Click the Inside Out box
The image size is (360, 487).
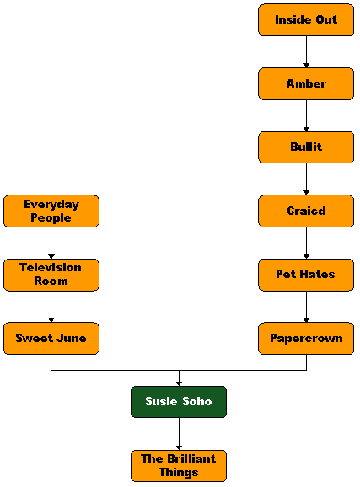pos(306,20)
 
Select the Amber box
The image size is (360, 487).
pos(306,84)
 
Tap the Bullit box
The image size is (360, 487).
pos(306,147)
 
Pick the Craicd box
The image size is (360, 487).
pos(306,211)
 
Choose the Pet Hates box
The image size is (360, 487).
pos(306,275)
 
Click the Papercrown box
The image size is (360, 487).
pos(306,338)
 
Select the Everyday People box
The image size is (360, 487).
pos(51,211)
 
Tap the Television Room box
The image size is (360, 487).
pos(51,275)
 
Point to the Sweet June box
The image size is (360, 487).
pos(51,338)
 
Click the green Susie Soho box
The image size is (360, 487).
pos(179,402)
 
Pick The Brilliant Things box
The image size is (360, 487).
pos(179,466)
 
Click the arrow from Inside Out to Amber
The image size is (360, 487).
pos(306,52)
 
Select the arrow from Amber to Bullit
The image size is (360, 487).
pos(306,115)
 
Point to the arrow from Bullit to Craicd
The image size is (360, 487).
pos(306,179)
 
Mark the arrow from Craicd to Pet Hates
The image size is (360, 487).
pos(306,243)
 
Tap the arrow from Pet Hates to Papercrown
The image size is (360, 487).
pos(306,307)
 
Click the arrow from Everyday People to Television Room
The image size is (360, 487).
pos(51,243)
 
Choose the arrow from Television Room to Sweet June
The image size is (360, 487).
pos(51,307)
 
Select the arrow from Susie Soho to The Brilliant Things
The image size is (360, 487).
pos(179,434)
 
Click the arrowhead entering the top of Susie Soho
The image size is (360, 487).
pos(179,384)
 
